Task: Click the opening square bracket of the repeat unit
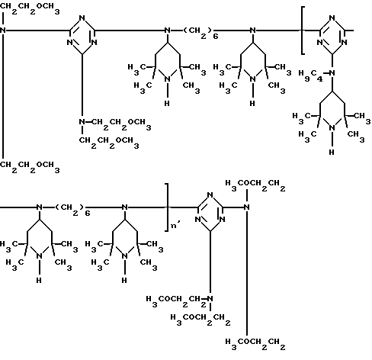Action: (x=302, y=31)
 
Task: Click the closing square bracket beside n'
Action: (x=168, y=207)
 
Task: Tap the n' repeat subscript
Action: (x=175, y=225)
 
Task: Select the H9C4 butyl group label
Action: (x=310, y=76)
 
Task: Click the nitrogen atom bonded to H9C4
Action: (x=332, y=73)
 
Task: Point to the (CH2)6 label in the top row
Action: (x=200, y=33)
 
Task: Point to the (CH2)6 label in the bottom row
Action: (x=72, y=210)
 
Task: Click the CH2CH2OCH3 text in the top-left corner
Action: (x=30, y=8)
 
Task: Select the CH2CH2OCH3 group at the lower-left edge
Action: (x=30, y=167)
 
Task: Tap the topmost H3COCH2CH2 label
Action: (x=255, y=185)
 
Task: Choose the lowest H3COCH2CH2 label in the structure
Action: (x=255, y=344)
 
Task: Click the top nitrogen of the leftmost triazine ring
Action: (x=82, y=18)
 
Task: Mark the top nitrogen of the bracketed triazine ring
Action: (x=332, y=18)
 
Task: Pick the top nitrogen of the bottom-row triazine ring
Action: (x=210, y=195)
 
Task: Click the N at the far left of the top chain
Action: (x=3, y=31)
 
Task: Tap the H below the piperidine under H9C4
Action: (x=332, y=153)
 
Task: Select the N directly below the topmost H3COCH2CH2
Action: (x=246, y=207)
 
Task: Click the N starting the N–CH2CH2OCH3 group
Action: (x=82, y=122)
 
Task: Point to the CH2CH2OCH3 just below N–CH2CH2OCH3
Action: (x=109, y=143)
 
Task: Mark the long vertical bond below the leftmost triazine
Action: (x=82, y=85)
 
